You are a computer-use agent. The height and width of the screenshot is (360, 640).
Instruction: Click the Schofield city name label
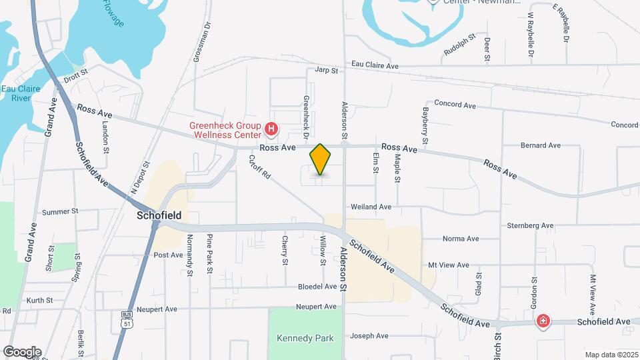pyautogui.click(x=159, y=216)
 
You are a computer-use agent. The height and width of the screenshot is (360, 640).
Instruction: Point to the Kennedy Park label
pyautogui.click(x=305, y=338)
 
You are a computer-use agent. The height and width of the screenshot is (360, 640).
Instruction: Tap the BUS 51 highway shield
pyautogui.click(x=127, y=319)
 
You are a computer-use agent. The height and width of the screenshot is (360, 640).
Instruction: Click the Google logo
pyautogui.click(x=22, y=352)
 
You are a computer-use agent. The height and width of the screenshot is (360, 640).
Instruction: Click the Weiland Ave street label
pyautogui.click(x=376, y=207)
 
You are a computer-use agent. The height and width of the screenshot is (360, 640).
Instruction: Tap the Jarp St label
pyautogui.click(x=327, y=69)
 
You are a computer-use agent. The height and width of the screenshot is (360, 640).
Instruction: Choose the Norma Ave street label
pyautogui.click(x=461, y=239)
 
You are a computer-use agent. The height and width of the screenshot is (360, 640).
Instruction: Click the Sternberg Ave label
pyautogui.click(x=530, y=226)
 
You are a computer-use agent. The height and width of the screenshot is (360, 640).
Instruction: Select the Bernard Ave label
pyautogui.click(x=541, y=145)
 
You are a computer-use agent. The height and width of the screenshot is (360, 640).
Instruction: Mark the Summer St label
pyautogui.click(x=60, y=212)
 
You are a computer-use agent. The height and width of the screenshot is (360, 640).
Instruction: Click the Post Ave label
pyautogui.click(x=168, y=255)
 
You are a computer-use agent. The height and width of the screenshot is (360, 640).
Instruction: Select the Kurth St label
pyautogui.click(x=39, y=301)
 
